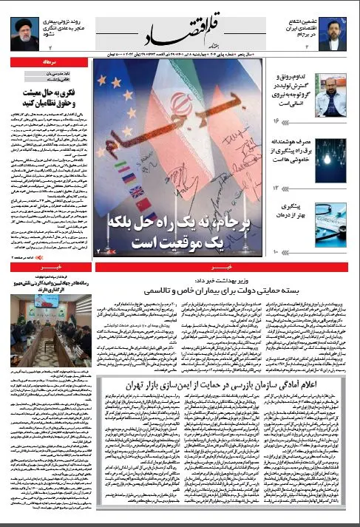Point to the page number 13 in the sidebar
coord(277,188)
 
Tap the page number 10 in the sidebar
coord(277,254)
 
